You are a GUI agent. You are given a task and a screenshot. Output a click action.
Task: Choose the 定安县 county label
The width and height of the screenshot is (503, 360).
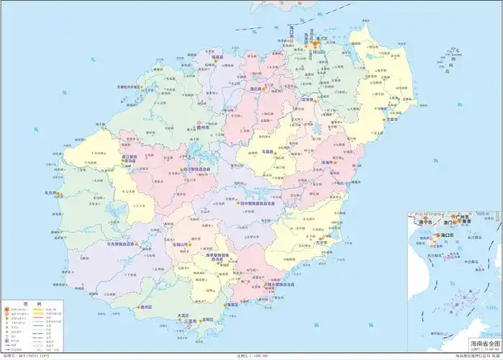[x=310, y=99]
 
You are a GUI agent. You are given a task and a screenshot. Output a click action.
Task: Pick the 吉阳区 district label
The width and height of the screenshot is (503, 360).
[x=209, y=318]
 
